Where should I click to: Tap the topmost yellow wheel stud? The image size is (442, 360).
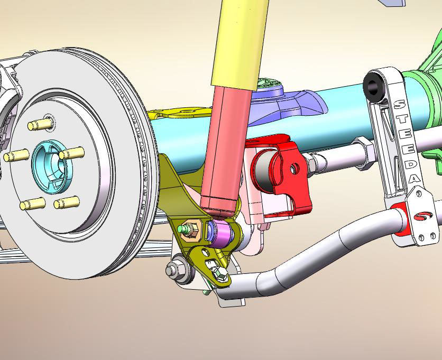tap(41, 124)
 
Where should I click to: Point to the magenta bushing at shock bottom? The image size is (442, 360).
tap(222, 234)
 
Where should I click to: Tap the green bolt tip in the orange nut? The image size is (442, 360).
tap(181, 229)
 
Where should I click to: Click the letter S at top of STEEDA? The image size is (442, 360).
tap(399, 105)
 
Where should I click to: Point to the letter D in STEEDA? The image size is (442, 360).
tap(410, 164)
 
